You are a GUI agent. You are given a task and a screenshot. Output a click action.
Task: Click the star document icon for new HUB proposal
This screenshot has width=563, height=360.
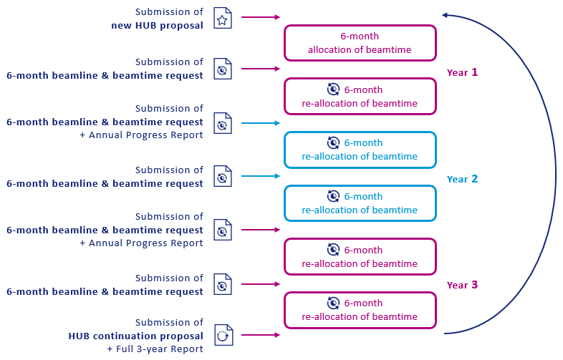[223, 20]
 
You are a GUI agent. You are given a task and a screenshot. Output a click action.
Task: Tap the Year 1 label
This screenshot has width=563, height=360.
[462, 72]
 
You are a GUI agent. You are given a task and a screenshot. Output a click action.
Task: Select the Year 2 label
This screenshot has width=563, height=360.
[462, 179]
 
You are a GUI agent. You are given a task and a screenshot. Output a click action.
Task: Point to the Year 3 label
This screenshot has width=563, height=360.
[462, 285]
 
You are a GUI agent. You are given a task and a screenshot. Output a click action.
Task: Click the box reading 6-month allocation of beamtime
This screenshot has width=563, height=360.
[360, 43]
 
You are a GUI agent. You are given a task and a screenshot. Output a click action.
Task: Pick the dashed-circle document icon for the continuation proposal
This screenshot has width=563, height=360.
[223, 335]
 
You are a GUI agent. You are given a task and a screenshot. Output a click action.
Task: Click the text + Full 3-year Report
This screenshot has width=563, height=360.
[155, 349]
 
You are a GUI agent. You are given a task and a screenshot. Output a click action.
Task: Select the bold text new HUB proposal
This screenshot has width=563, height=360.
[157, 26]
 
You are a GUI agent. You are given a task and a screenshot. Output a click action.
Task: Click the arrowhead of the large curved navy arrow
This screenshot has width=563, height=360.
[446, 15]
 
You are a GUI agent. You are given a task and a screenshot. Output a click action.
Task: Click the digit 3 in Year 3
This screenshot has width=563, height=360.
[474, 285]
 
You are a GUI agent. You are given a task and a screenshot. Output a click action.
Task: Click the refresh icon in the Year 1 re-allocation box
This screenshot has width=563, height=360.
[333, 89]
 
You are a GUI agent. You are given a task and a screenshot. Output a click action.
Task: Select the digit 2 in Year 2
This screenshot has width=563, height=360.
[474, 179]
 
